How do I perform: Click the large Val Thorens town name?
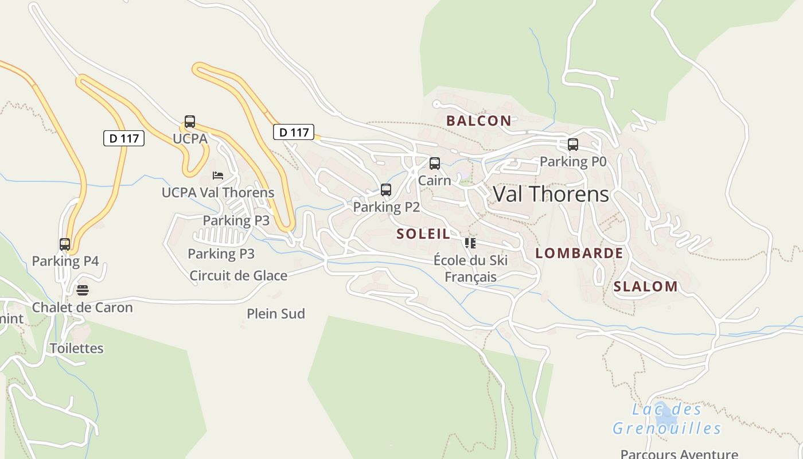551,194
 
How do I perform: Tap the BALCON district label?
478,120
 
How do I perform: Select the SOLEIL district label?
423,234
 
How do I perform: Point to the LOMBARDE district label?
579,253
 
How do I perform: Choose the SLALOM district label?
645,286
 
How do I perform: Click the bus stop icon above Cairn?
435,164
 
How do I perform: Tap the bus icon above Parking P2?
386,190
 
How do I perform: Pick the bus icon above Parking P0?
572,145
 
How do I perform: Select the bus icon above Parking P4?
65,244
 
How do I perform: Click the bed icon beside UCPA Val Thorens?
218,176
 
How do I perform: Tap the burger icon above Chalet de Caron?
83,290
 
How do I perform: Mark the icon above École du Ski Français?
470,243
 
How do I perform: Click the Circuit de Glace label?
239,275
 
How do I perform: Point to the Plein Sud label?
276,314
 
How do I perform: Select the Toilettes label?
76,348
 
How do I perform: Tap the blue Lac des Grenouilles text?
666,419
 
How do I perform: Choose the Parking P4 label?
65,261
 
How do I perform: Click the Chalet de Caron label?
82,307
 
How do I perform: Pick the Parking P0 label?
572,162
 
